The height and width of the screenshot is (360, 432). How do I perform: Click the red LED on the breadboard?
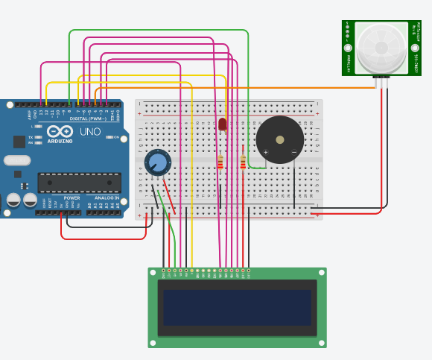tap(222, 124)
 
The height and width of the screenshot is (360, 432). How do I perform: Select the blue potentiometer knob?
tap(157, 162)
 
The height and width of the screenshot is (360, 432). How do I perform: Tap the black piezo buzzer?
tap(280, 139)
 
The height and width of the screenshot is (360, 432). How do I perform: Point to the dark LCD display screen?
tap(237, 307)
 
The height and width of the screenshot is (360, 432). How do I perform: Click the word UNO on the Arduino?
tap(90, 132)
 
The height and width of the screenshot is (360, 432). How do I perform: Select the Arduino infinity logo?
tap(60, 131)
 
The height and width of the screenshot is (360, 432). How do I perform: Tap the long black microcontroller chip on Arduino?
tap(79, 183)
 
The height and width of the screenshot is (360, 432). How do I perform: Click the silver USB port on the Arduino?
tap(16, 160)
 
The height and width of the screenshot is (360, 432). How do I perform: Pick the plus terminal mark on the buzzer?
tap(265, 152)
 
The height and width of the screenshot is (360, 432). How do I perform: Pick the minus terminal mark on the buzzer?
tap(293, 152)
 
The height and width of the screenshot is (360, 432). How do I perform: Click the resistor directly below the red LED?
tap(220, 162)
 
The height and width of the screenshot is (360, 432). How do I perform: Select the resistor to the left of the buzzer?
tap(243, 162)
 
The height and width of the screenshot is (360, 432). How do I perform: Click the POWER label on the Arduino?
tap(72, 198)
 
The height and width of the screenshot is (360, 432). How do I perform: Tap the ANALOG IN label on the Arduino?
tap(107, 198)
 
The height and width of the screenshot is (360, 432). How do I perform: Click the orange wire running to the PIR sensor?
tap(298, 88)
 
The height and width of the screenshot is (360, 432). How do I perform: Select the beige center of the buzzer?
tap(280, 139)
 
